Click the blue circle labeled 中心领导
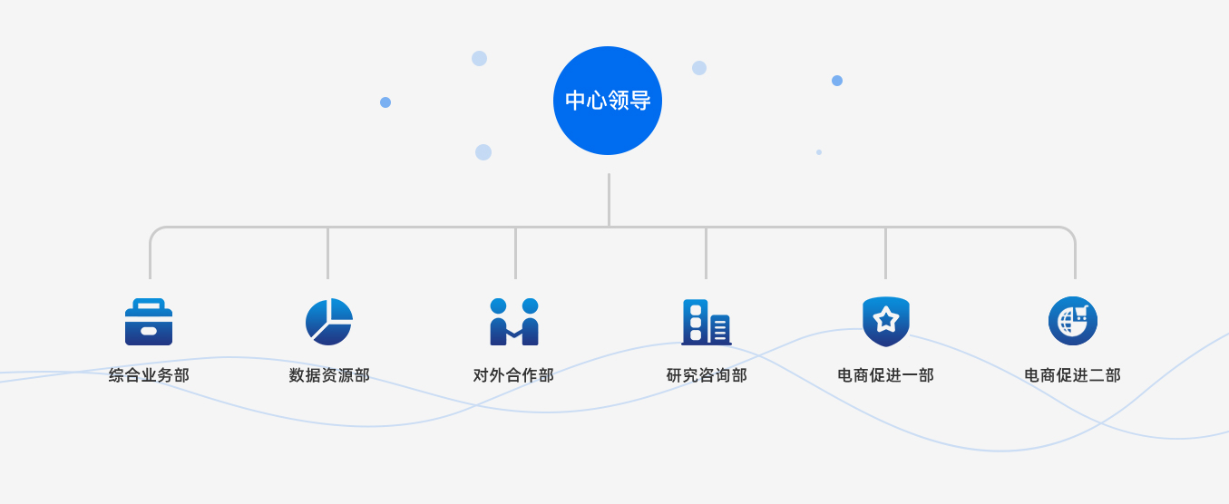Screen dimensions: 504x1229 click(608, 101)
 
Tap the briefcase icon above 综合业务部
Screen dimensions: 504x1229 click(149, 323)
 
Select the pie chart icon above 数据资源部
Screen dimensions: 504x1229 click(328, 322)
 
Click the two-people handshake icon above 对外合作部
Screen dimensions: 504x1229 click(514, 322)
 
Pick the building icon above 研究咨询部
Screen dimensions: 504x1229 click(706, 322)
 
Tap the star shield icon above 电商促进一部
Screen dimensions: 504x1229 click(885, 321)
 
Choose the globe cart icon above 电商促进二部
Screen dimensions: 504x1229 click(1073, 321)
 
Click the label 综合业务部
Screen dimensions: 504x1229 click(149, 375)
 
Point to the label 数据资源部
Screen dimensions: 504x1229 click(329, 375)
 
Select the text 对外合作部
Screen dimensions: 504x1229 click(513, 375)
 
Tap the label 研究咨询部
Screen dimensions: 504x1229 click(707, 375)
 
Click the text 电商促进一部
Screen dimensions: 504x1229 click(885, 375)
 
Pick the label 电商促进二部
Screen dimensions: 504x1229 click(1072, 375)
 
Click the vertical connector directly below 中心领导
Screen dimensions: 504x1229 click(609, 199)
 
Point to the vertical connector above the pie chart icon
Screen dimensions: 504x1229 click(327, 253)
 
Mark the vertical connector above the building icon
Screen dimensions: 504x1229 click(706, 253)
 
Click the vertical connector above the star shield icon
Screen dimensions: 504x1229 click(885, 253)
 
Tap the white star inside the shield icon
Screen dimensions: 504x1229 click(885, 318)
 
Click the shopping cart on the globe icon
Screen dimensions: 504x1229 click(1080, 314)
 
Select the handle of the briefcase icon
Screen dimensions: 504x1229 click(149, 304)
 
